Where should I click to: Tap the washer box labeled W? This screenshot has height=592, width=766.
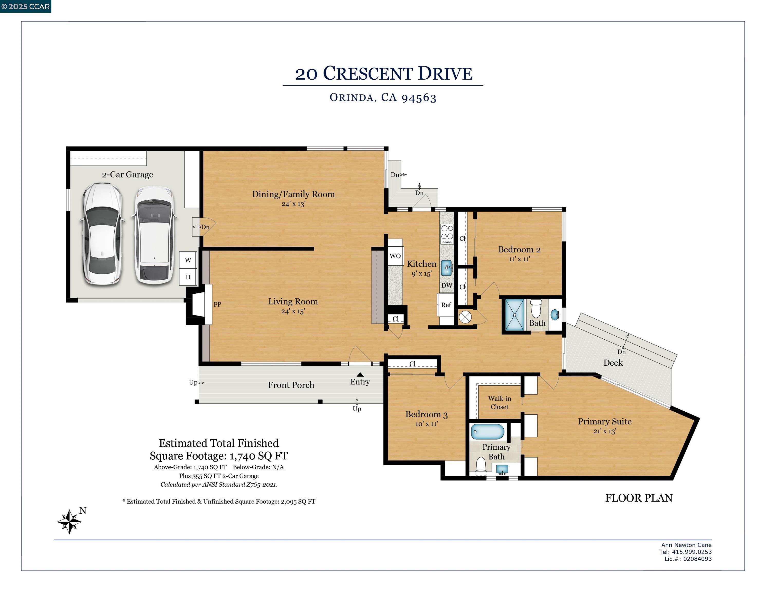pos(188,260)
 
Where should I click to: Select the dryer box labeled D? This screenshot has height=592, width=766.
pos(188,277)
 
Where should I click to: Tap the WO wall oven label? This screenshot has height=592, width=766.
pos(395,256)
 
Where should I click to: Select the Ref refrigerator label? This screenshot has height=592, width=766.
pos(446,305)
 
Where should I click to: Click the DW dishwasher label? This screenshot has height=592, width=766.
pos(447,285)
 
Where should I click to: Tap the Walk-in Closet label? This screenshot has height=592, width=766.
pos(500,403)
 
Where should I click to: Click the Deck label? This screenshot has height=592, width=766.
pos(613,363)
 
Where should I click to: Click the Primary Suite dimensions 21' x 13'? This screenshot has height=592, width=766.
pos(605,431)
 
